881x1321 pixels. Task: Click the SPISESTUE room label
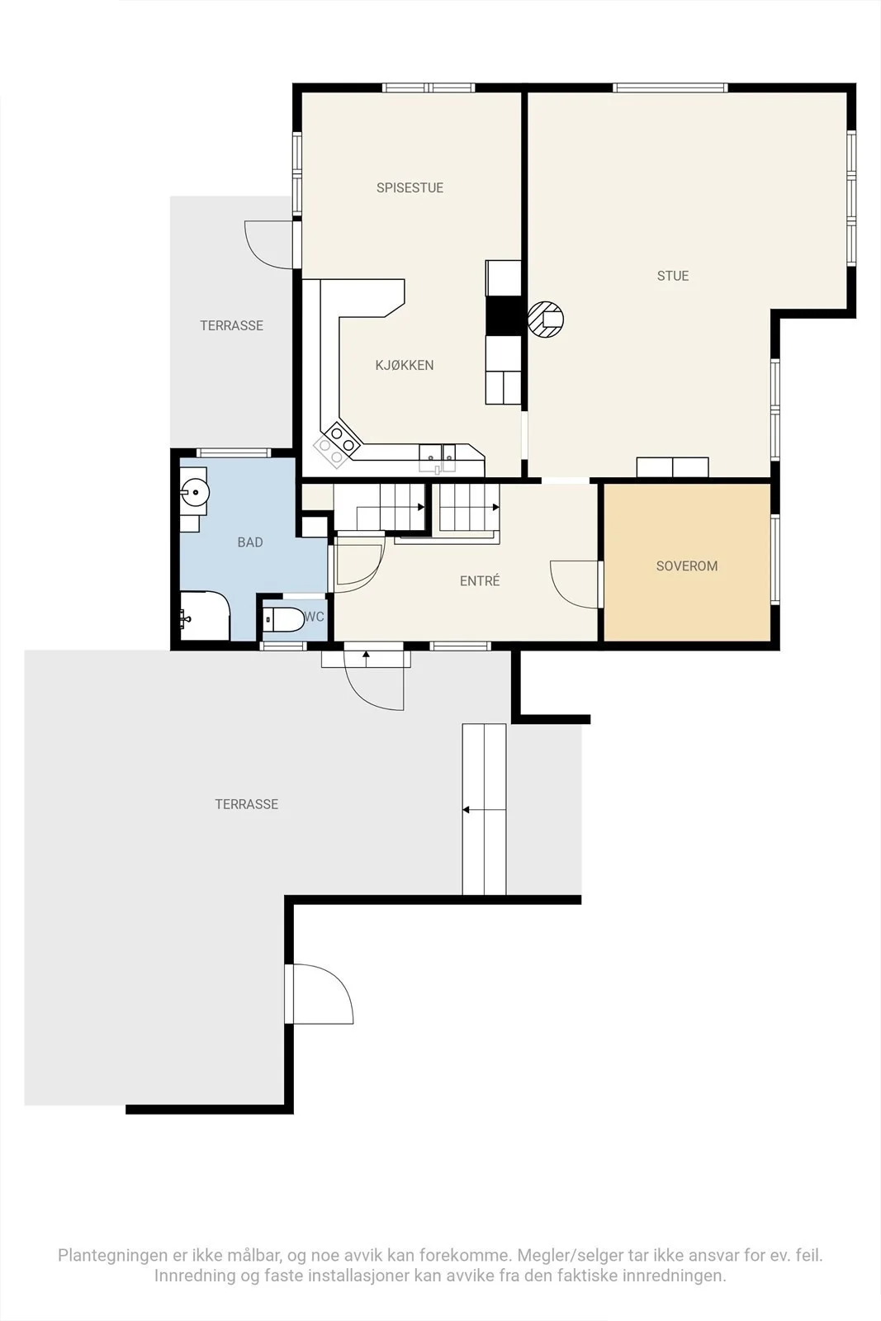click(x=410, y=187)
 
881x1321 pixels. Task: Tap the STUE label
click(x=673, y=276)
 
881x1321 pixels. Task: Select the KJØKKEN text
click(x=405, y=365)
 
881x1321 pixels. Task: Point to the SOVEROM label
click(x=687, y=566)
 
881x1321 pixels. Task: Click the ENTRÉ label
click(x=480, y=581)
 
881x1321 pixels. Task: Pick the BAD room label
click(x=250, y=542)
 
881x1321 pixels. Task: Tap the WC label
click(x=315, y=617)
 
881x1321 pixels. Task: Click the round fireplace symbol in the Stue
click(x=546, y=319)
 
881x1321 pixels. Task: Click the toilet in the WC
click(x=284, y=620)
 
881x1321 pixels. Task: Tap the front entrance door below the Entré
click(x=375, y=680)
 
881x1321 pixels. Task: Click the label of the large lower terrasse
click(x=247, y=804)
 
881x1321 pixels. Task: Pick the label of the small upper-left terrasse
click(x=232, y=325)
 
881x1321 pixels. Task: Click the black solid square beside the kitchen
click(x=503, y=315)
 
